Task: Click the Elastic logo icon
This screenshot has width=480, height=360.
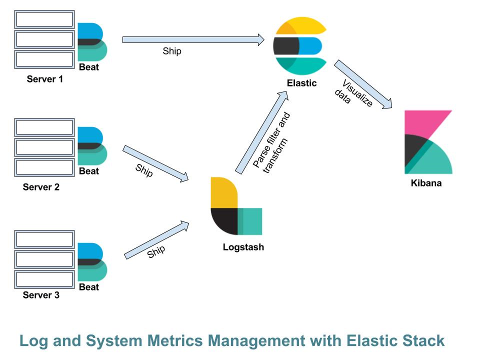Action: pyautogui.click(x=300, y=45)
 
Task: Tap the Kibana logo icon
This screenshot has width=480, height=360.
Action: pyautogui.click(x=428, y=142)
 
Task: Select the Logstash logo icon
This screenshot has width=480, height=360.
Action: pyautogui.click(x=236, y=206)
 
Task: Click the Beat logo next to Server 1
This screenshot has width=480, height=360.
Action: pyautogui.click(x=91, y=41)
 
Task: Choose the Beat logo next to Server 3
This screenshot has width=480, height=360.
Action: pyautogui.click(x=91, y=261)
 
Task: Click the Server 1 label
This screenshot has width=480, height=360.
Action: pyautogui.click(x=45, y=79)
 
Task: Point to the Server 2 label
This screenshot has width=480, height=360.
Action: pyautogui.click(x=41, y=187)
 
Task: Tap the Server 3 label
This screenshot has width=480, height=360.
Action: pyautogui.click(x=41, y=295)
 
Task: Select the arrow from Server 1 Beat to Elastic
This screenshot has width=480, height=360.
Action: pyautogui.click(x=193, y=39)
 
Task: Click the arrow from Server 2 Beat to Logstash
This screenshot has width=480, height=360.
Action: pyautogui.click(x=155, y=163)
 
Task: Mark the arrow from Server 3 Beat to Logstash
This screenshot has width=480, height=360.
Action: pyautogui.click(x=156, y=240)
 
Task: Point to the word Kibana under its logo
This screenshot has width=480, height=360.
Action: pyautogui.click(x=426, y=183)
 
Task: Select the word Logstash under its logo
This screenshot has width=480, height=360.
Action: pyautogui.click(x=243, y=247)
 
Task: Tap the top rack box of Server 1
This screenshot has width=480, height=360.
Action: pyautogui.click(x=44, y=19)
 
